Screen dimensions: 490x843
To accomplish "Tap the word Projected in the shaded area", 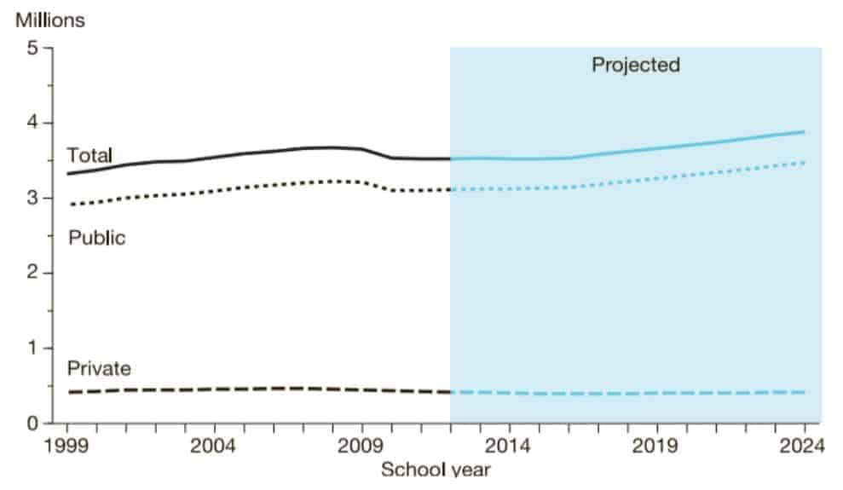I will tap(636, 65).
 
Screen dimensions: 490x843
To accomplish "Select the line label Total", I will tap(89, 155).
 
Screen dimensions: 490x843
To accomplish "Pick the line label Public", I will tap(96, 237).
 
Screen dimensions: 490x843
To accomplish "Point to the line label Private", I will tap(99, 369).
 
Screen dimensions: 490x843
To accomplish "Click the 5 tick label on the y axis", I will tap(33, 49).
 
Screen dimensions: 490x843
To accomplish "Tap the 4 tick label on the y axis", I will tap(33, 124).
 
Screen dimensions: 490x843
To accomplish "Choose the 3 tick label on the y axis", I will tap(33, 199).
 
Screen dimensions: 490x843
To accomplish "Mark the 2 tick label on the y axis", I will tap(33, 274).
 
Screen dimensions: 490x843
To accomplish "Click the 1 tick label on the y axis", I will tap(33, 349).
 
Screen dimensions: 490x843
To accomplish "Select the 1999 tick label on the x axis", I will tap(67, 446).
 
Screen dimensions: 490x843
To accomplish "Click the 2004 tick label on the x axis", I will tap(214, 446).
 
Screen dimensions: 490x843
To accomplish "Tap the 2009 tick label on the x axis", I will tap(361, 446).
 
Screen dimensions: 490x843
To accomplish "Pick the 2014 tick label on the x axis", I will tap(510, 446).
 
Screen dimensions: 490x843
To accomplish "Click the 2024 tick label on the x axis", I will tap(804, 446).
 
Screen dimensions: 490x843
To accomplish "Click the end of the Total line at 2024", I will tap(804, 132).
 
